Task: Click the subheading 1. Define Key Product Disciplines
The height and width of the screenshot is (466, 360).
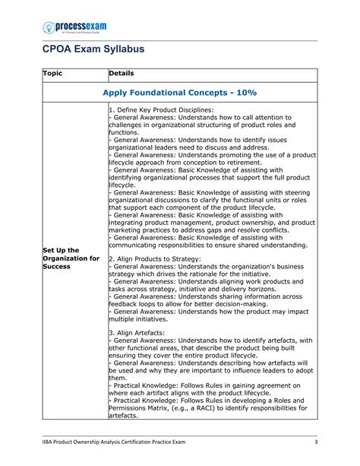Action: pyautogui.click(x=161, y=110)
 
